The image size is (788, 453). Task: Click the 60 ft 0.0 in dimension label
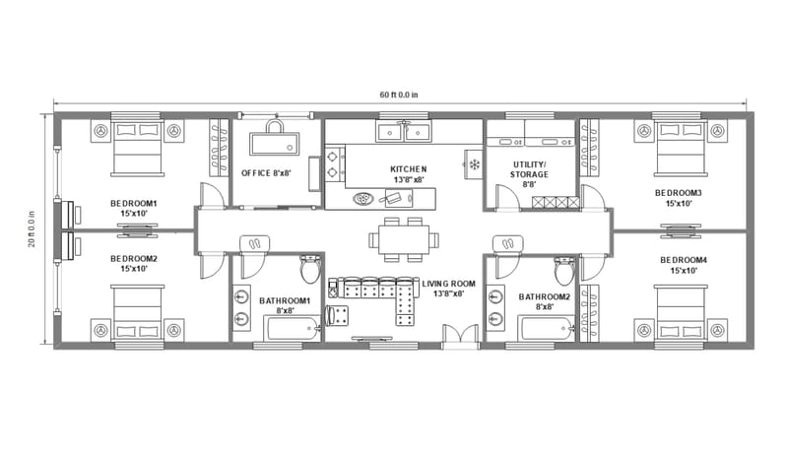(x=399, y=96)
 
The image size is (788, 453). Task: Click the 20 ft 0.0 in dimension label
(x=32, y=228)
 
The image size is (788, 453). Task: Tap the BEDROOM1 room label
(x=134, y=209)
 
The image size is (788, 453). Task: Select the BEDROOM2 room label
(x=134, y=263)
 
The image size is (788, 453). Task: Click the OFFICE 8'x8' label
(x=267, y=173)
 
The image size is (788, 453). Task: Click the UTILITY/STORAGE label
(x=530, y=173)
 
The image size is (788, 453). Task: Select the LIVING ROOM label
(x=448, y=288)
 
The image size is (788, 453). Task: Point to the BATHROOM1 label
(x=285, y=304)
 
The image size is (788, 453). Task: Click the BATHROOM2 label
(x=545, y=301)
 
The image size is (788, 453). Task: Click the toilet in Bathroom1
(x=309, y=269)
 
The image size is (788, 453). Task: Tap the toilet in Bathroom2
(x=564, y=269)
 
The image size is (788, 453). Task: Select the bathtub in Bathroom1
(x=286, y=328)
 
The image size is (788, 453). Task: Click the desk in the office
(x=276, y=144)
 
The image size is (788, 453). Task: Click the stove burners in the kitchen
(x=335, y=163)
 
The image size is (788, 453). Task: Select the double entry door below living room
(x=456, y=338)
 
